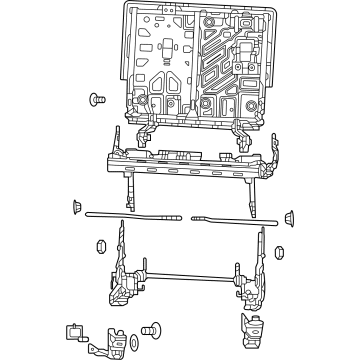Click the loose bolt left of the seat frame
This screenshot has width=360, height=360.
[97, 100]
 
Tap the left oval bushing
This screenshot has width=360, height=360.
[101, 246]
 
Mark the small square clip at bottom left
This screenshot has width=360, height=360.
[74, 329]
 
